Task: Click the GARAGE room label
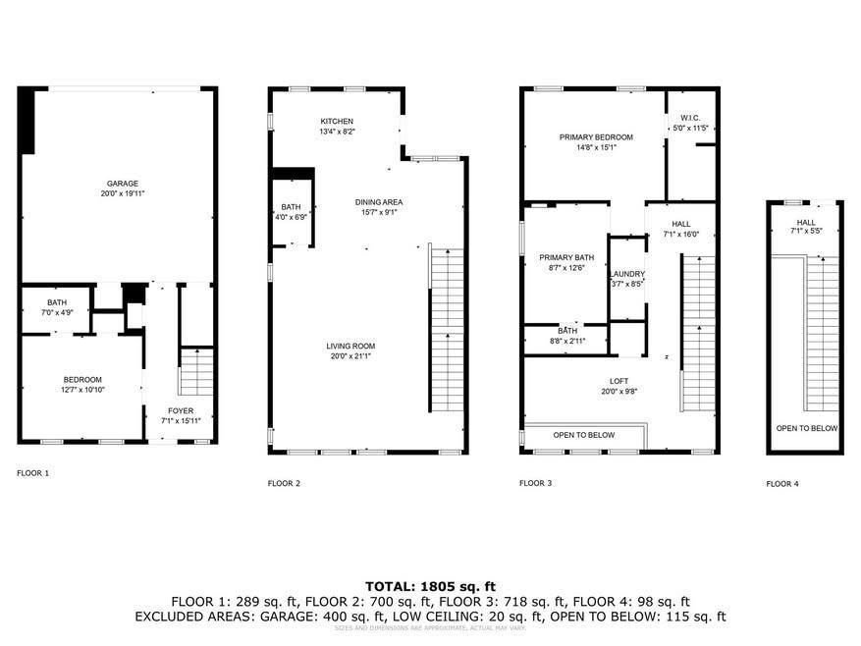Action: pos(123,184)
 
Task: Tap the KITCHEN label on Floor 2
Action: pos(337,122)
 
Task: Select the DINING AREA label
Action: pos(379,202)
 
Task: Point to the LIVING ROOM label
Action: pos(350,346)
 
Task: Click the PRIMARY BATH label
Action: pos(562,258)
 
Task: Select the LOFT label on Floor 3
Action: pos(618,381)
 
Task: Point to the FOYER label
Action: pos(181,411)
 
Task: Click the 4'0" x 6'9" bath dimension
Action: pos(293,217)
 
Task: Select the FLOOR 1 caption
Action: pos(32,473)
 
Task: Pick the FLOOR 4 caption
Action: pos(782,484)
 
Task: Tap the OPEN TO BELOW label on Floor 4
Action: pos(806,428)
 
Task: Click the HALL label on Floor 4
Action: pos(806,223)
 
